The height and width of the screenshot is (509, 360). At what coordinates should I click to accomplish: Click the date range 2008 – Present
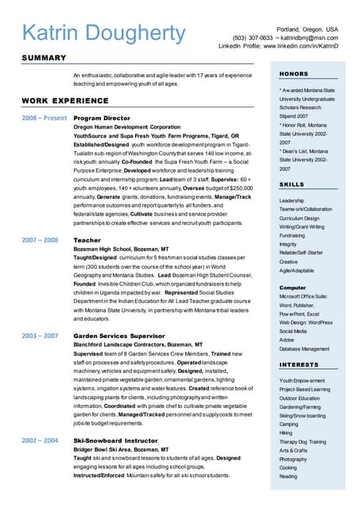click(44, 118)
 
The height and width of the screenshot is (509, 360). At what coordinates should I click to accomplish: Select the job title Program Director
click(101, 118)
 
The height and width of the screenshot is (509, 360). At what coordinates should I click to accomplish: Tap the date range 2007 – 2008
click(40, 239)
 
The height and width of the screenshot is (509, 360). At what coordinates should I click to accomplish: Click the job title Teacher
click(87, 239)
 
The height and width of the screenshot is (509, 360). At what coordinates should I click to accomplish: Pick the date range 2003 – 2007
click(40, 336)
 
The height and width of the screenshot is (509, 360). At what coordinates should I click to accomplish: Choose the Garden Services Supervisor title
click(118, 336)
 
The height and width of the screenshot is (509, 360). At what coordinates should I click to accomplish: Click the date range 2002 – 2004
click(40, 440)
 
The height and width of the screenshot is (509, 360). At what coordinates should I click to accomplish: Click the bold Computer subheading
click(292, 287)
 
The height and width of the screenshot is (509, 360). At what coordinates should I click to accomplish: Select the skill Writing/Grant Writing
click(302, 227)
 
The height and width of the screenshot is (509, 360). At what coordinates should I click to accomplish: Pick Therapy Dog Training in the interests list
click(303, 441)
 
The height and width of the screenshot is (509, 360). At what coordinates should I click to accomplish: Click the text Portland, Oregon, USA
click(307, 29)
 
